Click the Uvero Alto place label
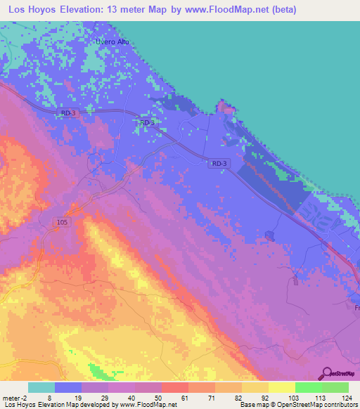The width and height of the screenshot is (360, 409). [113, 41]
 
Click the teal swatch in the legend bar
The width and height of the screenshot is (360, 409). [41, 387]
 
